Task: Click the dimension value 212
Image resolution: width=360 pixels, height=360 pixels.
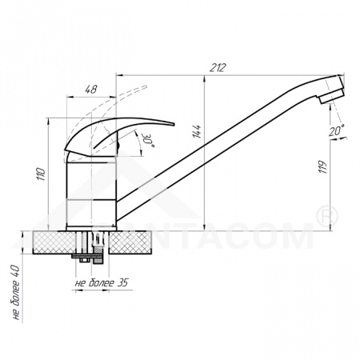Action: [x=218, y=67]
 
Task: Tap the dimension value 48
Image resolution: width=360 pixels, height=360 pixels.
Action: [x=91, y=90]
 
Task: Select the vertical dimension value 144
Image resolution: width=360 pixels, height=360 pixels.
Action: [x=197, y=131]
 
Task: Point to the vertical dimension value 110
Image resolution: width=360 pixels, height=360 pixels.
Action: [x=41, y=174]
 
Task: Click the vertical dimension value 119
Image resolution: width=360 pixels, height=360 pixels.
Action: [x=322, y=167]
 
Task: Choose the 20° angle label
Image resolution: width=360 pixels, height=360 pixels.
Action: [x=336, y=130]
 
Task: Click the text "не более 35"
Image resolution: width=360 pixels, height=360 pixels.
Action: [x=102, y=282]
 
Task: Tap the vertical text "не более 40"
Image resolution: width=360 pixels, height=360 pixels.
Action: [x=16, y=292]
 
